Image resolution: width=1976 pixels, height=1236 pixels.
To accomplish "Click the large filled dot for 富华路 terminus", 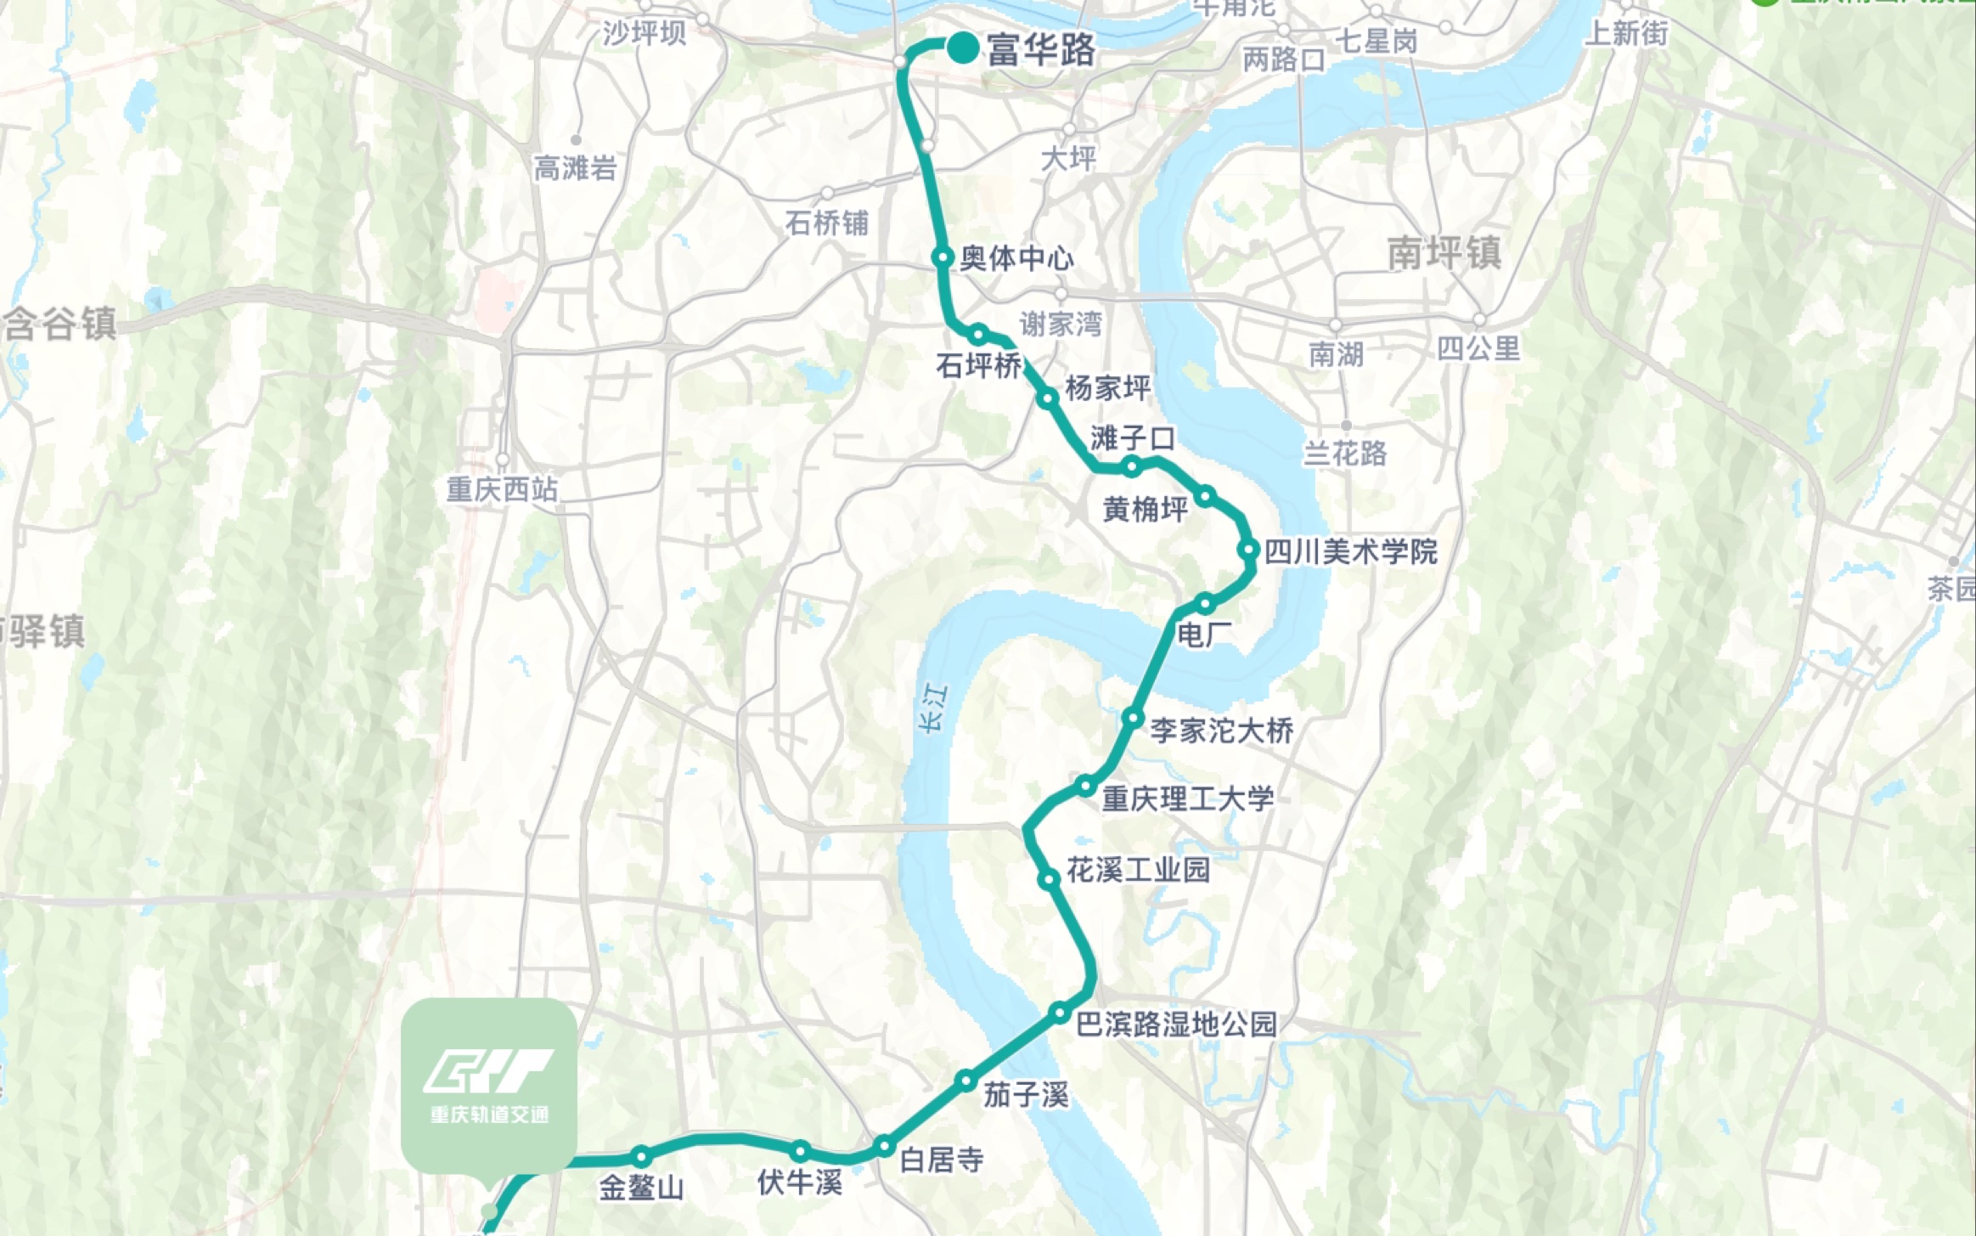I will [964, 48].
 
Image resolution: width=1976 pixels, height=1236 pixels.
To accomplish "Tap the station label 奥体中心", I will [1016, 258].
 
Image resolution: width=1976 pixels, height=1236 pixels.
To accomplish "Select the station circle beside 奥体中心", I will [943, 257].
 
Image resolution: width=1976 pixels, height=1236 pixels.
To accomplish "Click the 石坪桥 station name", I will [979, 366].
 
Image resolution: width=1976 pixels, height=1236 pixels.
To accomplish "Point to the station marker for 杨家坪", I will [1050, 398].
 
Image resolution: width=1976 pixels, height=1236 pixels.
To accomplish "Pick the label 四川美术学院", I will [1351, 552].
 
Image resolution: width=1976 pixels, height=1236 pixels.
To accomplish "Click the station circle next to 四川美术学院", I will [1248, 550].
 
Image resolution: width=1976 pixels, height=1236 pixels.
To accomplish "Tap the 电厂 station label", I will [1204, 635].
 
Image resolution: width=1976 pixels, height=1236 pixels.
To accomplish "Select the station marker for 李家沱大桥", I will [1134, 718].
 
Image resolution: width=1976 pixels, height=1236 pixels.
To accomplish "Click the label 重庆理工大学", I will [1188, 799].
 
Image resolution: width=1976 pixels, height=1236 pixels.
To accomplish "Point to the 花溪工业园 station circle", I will [1050, 879].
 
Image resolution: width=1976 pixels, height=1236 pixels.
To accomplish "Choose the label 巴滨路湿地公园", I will [1176, 1024].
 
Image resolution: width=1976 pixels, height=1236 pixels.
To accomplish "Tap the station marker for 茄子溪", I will [965, 1081].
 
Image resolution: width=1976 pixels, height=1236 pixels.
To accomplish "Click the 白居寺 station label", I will [941, 1160].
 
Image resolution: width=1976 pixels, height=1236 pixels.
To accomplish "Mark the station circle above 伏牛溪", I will [800, 1152].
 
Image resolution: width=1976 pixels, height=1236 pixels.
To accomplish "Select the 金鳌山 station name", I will [641, 1187].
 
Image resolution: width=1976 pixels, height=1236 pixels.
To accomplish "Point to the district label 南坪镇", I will [1444, 253].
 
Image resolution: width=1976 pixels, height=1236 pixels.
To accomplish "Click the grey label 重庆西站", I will [502, 489].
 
